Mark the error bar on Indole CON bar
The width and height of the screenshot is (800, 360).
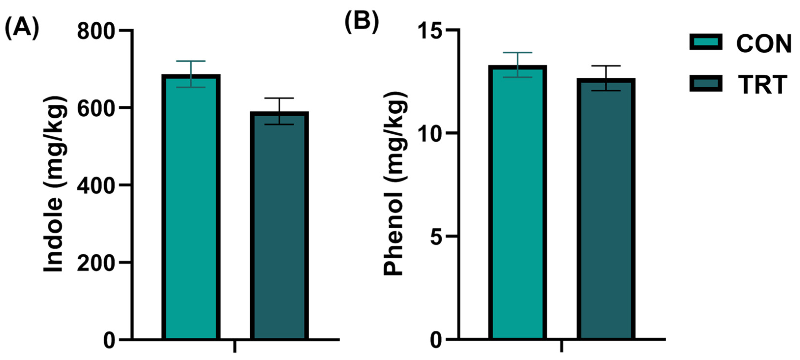point(191,74)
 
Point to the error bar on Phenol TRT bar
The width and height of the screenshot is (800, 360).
point(606,78)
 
